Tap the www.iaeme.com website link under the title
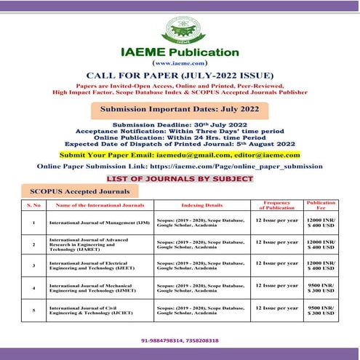pos(180,64)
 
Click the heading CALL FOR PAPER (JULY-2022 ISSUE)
pos(180,76)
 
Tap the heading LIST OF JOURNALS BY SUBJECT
pos(180,178)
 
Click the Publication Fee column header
pos(321,204)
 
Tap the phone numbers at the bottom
pos(180,340)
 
